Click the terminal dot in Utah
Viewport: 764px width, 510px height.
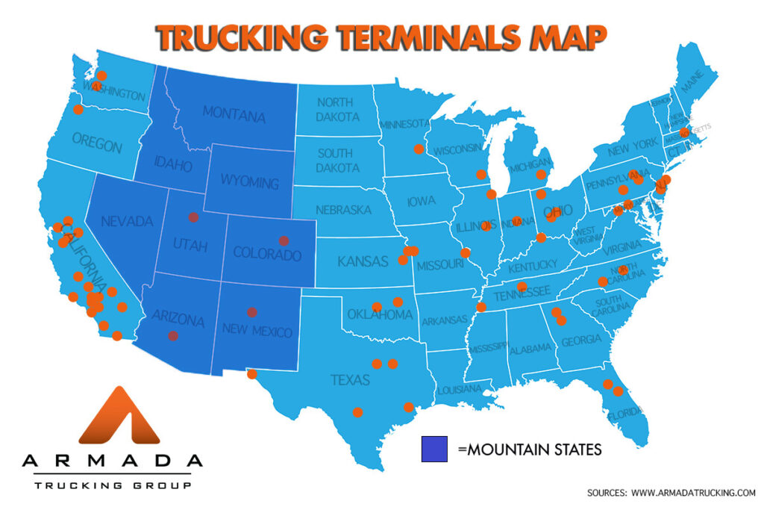pos(193,217)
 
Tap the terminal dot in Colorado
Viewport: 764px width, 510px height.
pos(283,240)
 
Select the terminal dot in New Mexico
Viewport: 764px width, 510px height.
pos(252,312)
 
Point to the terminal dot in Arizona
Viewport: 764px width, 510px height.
pos(173,336)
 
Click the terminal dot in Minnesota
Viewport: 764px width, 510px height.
pos(419,149)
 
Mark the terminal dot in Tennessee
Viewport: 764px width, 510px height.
pos(522,287)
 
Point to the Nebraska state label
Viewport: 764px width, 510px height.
pos(342,210)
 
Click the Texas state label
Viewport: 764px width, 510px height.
pos(350,380)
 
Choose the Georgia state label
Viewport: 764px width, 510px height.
pos(580,340)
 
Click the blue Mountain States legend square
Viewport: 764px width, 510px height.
pos(434,449)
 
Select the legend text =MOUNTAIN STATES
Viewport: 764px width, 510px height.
pos(529,450)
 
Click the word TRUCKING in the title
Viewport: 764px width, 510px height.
pos(240,37)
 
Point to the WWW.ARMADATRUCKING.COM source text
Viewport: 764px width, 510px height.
pos(693,493)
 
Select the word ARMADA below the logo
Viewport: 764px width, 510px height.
pos(112,461)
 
